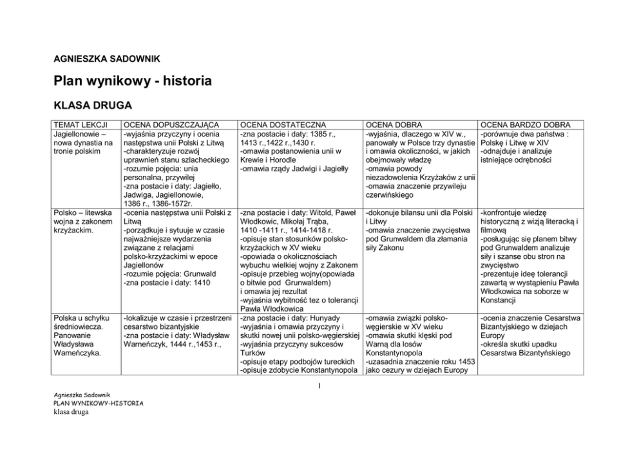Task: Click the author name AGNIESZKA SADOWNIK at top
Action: [106, 59]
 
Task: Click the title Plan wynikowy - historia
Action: [132, 82]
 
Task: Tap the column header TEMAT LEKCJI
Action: [80, 124]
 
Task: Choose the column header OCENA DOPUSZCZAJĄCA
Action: [171, 124]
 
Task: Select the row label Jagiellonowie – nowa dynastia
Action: [82, 142]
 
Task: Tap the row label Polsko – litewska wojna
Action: [82, 221]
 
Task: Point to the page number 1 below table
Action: [319, 386]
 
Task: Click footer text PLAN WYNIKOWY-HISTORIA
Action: [99, 403]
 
